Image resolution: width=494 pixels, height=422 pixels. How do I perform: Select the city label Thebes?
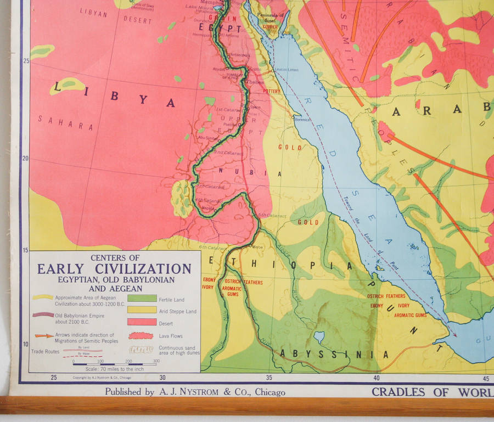[254, 82]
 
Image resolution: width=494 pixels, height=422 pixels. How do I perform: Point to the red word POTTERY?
[272, 91]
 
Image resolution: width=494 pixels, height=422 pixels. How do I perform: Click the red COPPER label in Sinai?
[270, 26]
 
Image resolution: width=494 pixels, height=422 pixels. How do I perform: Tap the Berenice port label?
[302, 119]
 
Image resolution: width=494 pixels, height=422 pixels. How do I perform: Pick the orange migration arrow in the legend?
[43, 336]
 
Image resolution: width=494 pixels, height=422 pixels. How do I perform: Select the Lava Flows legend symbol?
[142, 335]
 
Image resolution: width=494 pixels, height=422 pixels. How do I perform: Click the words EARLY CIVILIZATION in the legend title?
[114, 269]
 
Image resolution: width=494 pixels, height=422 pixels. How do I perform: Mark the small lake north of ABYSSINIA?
[319, 336]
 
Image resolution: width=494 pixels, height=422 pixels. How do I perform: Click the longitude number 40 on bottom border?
[376, 378]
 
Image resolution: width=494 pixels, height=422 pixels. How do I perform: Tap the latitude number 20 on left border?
[25, 159]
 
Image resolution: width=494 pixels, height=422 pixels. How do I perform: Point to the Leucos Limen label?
[286, 70]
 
